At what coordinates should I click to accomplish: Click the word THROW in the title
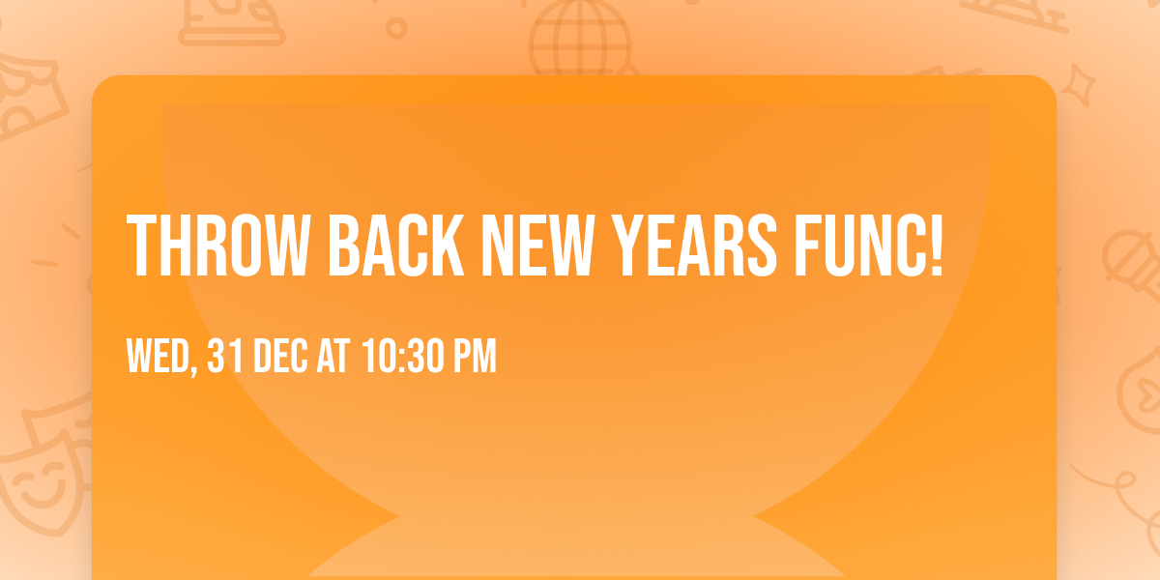[218, 246]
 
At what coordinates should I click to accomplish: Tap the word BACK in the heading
[396, 246]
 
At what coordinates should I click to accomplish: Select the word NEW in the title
[537, 246]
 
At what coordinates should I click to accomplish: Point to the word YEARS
[694, 246]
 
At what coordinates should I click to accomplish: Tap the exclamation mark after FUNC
[937, 246]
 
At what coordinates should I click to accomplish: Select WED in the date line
[158, 356]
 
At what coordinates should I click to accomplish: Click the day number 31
[224, 356]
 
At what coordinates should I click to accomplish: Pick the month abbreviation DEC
[280, 356]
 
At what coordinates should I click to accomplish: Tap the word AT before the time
[333, 356]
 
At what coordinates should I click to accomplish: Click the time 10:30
[403, 356]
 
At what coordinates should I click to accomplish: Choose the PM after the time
[476, 356]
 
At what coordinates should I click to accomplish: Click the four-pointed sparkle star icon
[1079, 85]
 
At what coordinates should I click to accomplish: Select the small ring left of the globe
[396, 28]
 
